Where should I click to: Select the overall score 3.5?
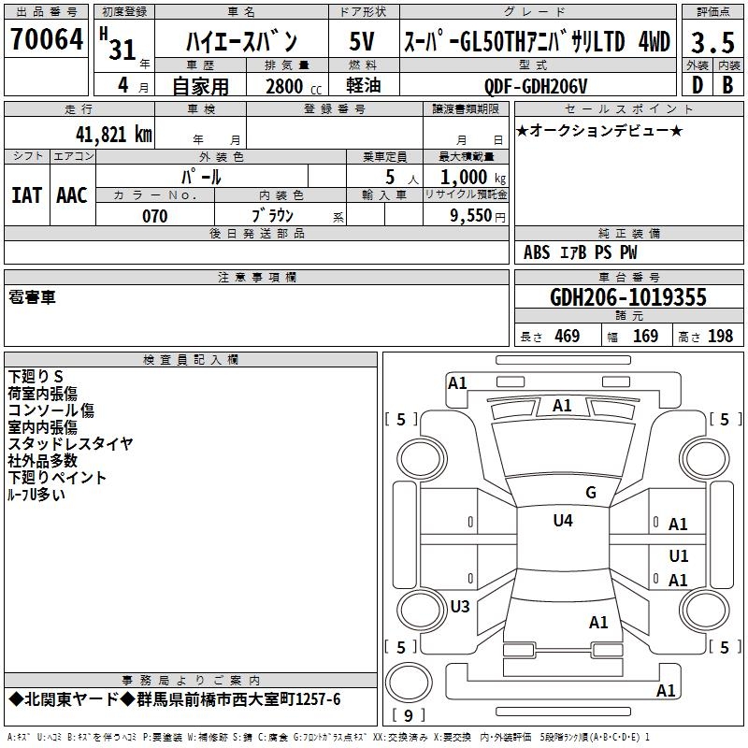pyautogui.click(x=712, y=42)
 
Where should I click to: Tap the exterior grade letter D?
pyautogui.click(x=697, y=84)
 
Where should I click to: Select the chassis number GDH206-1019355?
pyautogui.click(x=628, y=298)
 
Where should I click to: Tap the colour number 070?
pyautogui.click(x=154, y=216)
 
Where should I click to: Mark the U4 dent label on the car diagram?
pyautogui.click(x=562, y=521)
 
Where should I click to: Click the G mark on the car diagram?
pyautogui.click(x=590, y=493)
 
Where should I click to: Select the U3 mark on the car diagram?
pyautogui.click(x=459, y=606)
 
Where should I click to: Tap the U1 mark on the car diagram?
pyautogui.click(x=678, y=556)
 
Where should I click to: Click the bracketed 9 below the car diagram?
pyautogui.click(x=409, y=716)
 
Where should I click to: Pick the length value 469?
pyautogui.click(x=567, y=337)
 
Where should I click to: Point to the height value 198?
pyautogui.click(x=720, y=337)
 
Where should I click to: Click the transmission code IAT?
pyautogui.click(x=26, y=194)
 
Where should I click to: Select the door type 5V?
pyautogui.click(x=362, y=41)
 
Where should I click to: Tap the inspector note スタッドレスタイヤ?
pyautogui.click(x=70, y=443)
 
